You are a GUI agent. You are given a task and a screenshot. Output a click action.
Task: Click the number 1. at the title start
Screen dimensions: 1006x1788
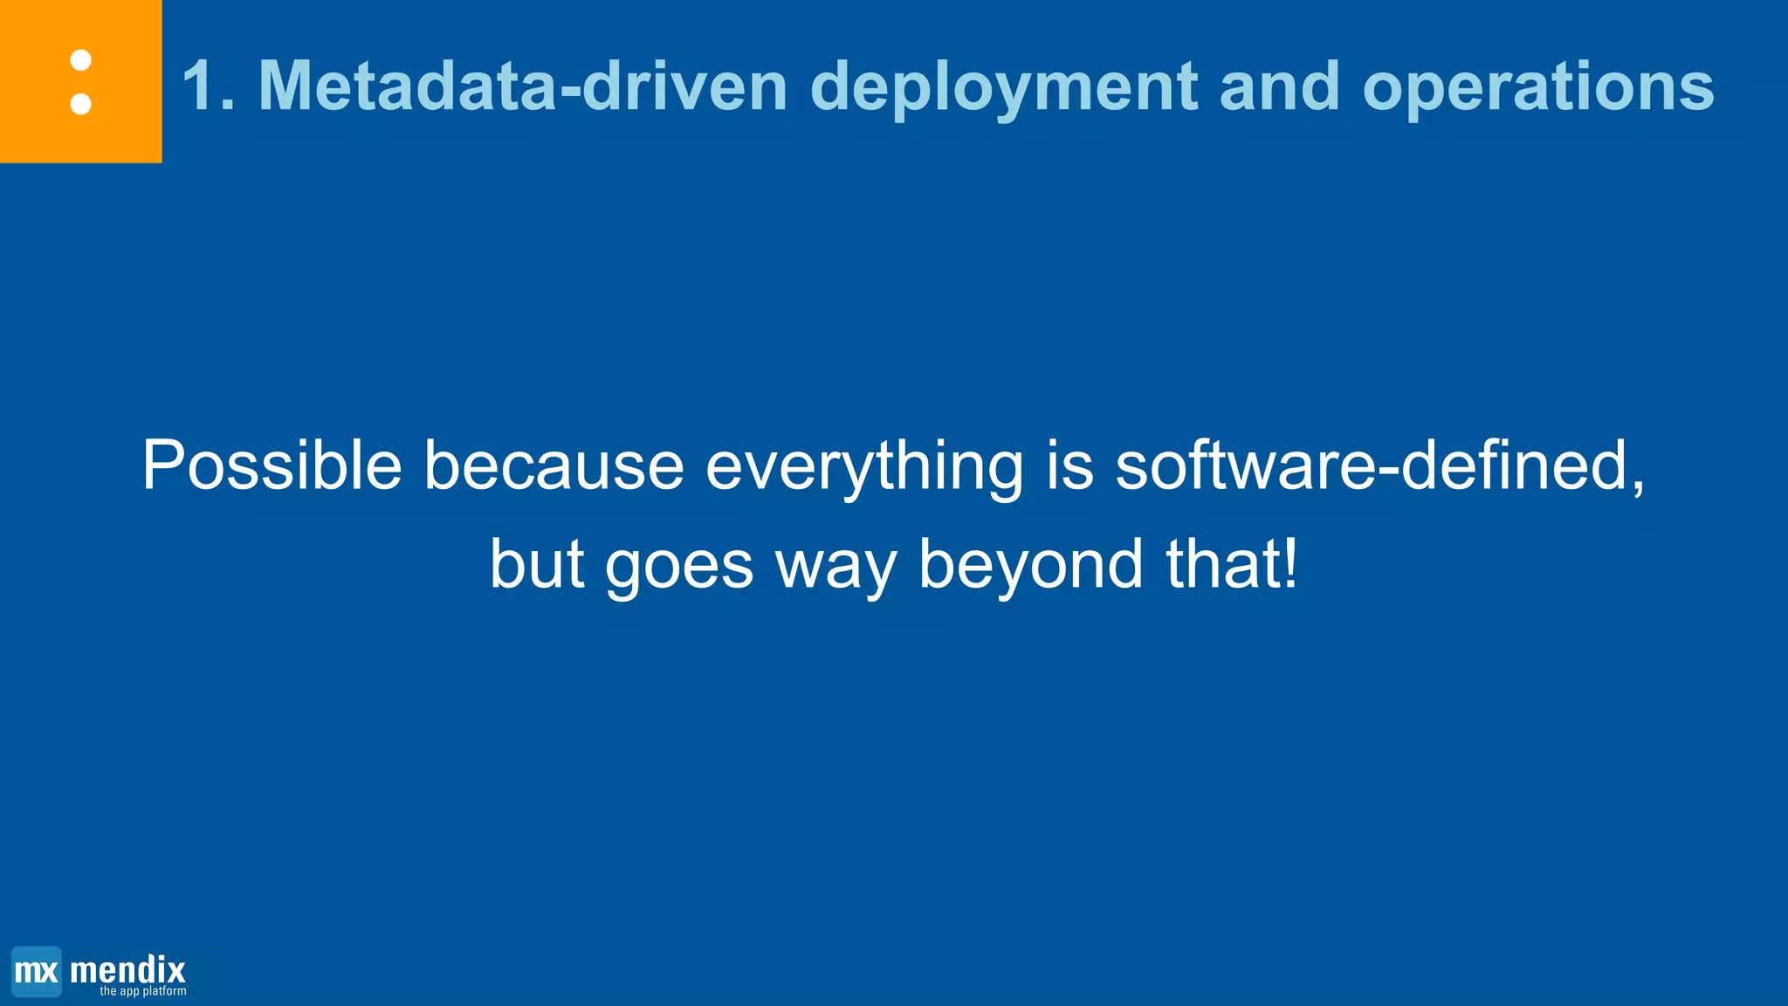[x=209, y=86]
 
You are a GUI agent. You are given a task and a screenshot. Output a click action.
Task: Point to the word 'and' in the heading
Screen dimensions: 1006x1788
[x=1279, y=86]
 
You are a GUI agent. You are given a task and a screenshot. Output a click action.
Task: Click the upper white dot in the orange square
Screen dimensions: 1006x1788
[x=81, y=60]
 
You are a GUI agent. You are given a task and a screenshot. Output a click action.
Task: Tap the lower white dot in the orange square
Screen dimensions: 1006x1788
[x=81, y=104]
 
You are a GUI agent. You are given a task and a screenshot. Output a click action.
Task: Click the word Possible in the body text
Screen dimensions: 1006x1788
[x=272, y=465]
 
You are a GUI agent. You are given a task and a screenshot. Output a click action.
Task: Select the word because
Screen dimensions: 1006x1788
[x=554, y=465]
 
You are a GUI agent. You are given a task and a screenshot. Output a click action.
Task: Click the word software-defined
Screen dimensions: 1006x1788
[x=1379, y=465]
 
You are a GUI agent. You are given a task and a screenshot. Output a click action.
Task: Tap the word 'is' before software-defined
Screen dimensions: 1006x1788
[x=1069, y=465]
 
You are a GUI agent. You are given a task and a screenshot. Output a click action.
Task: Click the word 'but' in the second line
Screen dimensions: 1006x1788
[x=536, y=564]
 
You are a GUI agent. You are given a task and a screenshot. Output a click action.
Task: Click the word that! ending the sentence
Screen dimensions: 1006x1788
[x=1232, y=564]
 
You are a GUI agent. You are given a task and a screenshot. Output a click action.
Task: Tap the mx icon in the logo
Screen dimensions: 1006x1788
[x=37, y=971]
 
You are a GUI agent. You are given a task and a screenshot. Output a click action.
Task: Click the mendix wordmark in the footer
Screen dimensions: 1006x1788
[x=127, y=968]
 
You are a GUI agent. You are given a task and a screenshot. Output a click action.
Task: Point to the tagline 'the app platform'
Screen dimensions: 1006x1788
[x=142, y=992]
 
